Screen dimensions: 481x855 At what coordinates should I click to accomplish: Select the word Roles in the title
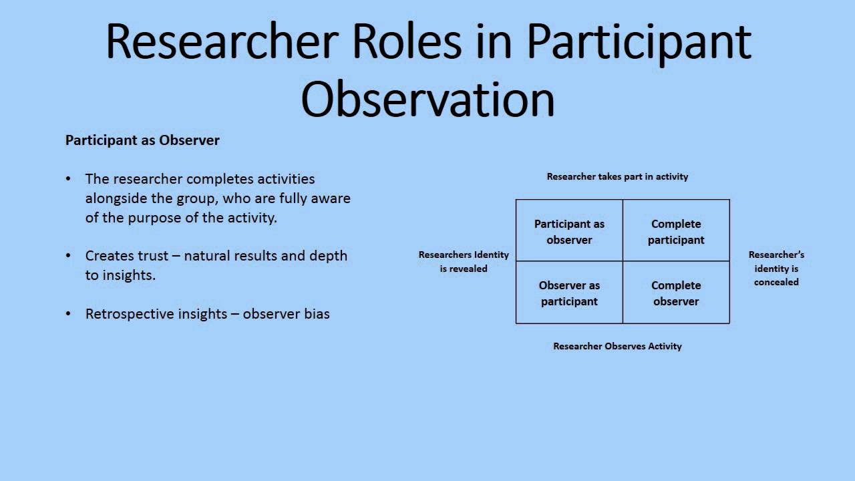(x=406, y=41)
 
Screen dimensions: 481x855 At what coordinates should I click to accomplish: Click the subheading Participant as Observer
(x=142, y=140)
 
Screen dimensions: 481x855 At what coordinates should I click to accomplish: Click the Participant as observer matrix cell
(x=569, y=232)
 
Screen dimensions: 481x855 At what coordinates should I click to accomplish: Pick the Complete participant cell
(x=676, y=232)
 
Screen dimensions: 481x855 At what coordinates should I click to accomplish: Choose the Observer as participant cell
(x=569, y=293)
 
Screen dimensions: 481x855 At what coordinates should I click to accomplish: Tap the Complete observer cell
(x=676, y=293)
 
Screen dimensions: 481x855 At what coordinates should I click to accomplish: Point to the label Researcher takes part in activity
(x=617, y=176)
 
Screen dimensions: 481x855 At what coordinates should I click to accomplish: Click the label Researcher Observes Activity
(x=617, y=346)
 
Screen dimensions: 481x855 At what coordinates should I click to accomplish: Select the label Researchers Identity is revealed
(x=464, y=261)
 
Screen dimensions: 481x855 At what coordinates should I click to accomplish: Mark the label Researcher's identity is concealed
(x=776, y=268)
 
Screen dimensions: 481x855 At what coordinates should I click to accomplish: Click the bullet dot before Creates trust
(x=68, y=256)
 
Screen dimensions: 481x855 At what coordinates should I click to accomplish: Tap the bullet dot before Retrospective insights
(x=68, y=314)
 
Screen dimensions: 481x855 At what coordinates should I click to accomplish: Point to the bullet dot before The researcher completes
(x=68, y=179)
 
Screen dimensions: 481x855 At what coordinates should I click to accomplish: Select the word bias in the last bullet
(x=317, y=314)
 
